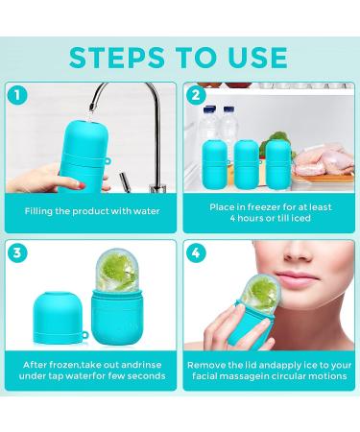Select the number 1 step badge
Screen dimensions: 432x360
pyautogui.click(x=16, y=95)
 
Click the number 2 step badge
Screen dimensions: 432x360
pyautogui.click(x=196, y=95)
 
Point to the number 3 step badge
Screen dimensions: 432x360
pyautogui.click(x=16, y=254)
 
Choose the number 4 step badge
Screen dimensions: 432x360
pyautogui.click(x=196, y=254)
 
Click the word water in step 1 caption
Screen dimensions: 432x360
pyautogui.click(x=140, y=209)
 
